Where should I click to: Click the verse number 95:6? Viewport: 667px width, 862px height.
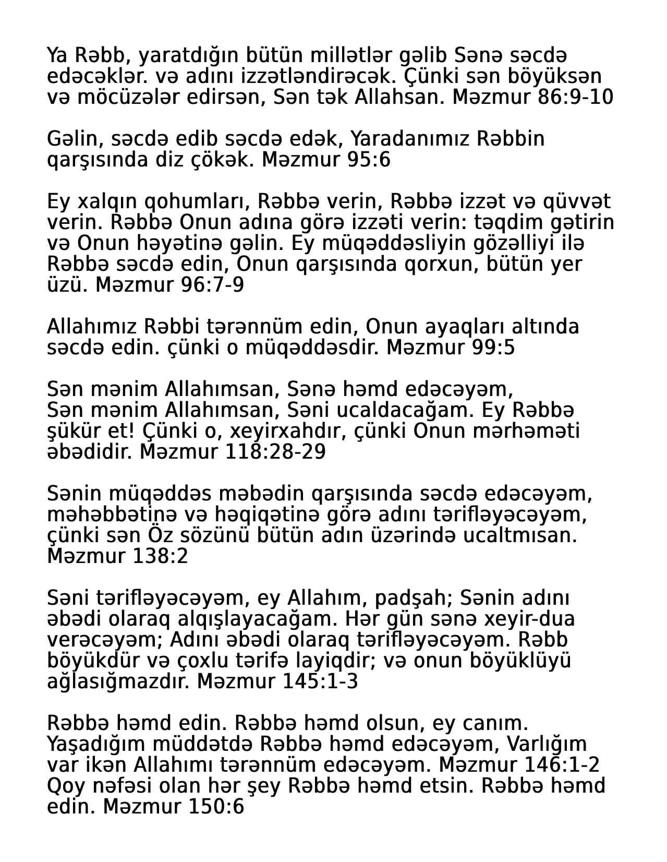pos(368,160)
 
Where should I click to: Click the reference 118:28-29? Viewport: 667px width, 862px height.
pos(275,452)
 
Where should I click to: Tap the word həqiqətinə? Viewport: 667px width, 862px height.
pos(265,514)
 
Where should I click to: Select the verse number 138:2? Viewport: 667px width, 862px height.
pos(161,556)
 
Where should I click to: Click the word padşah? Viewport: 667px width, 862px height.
pos(414,598)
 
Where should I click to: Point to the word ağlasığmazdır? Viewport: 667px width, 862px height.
pos(118,681)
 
